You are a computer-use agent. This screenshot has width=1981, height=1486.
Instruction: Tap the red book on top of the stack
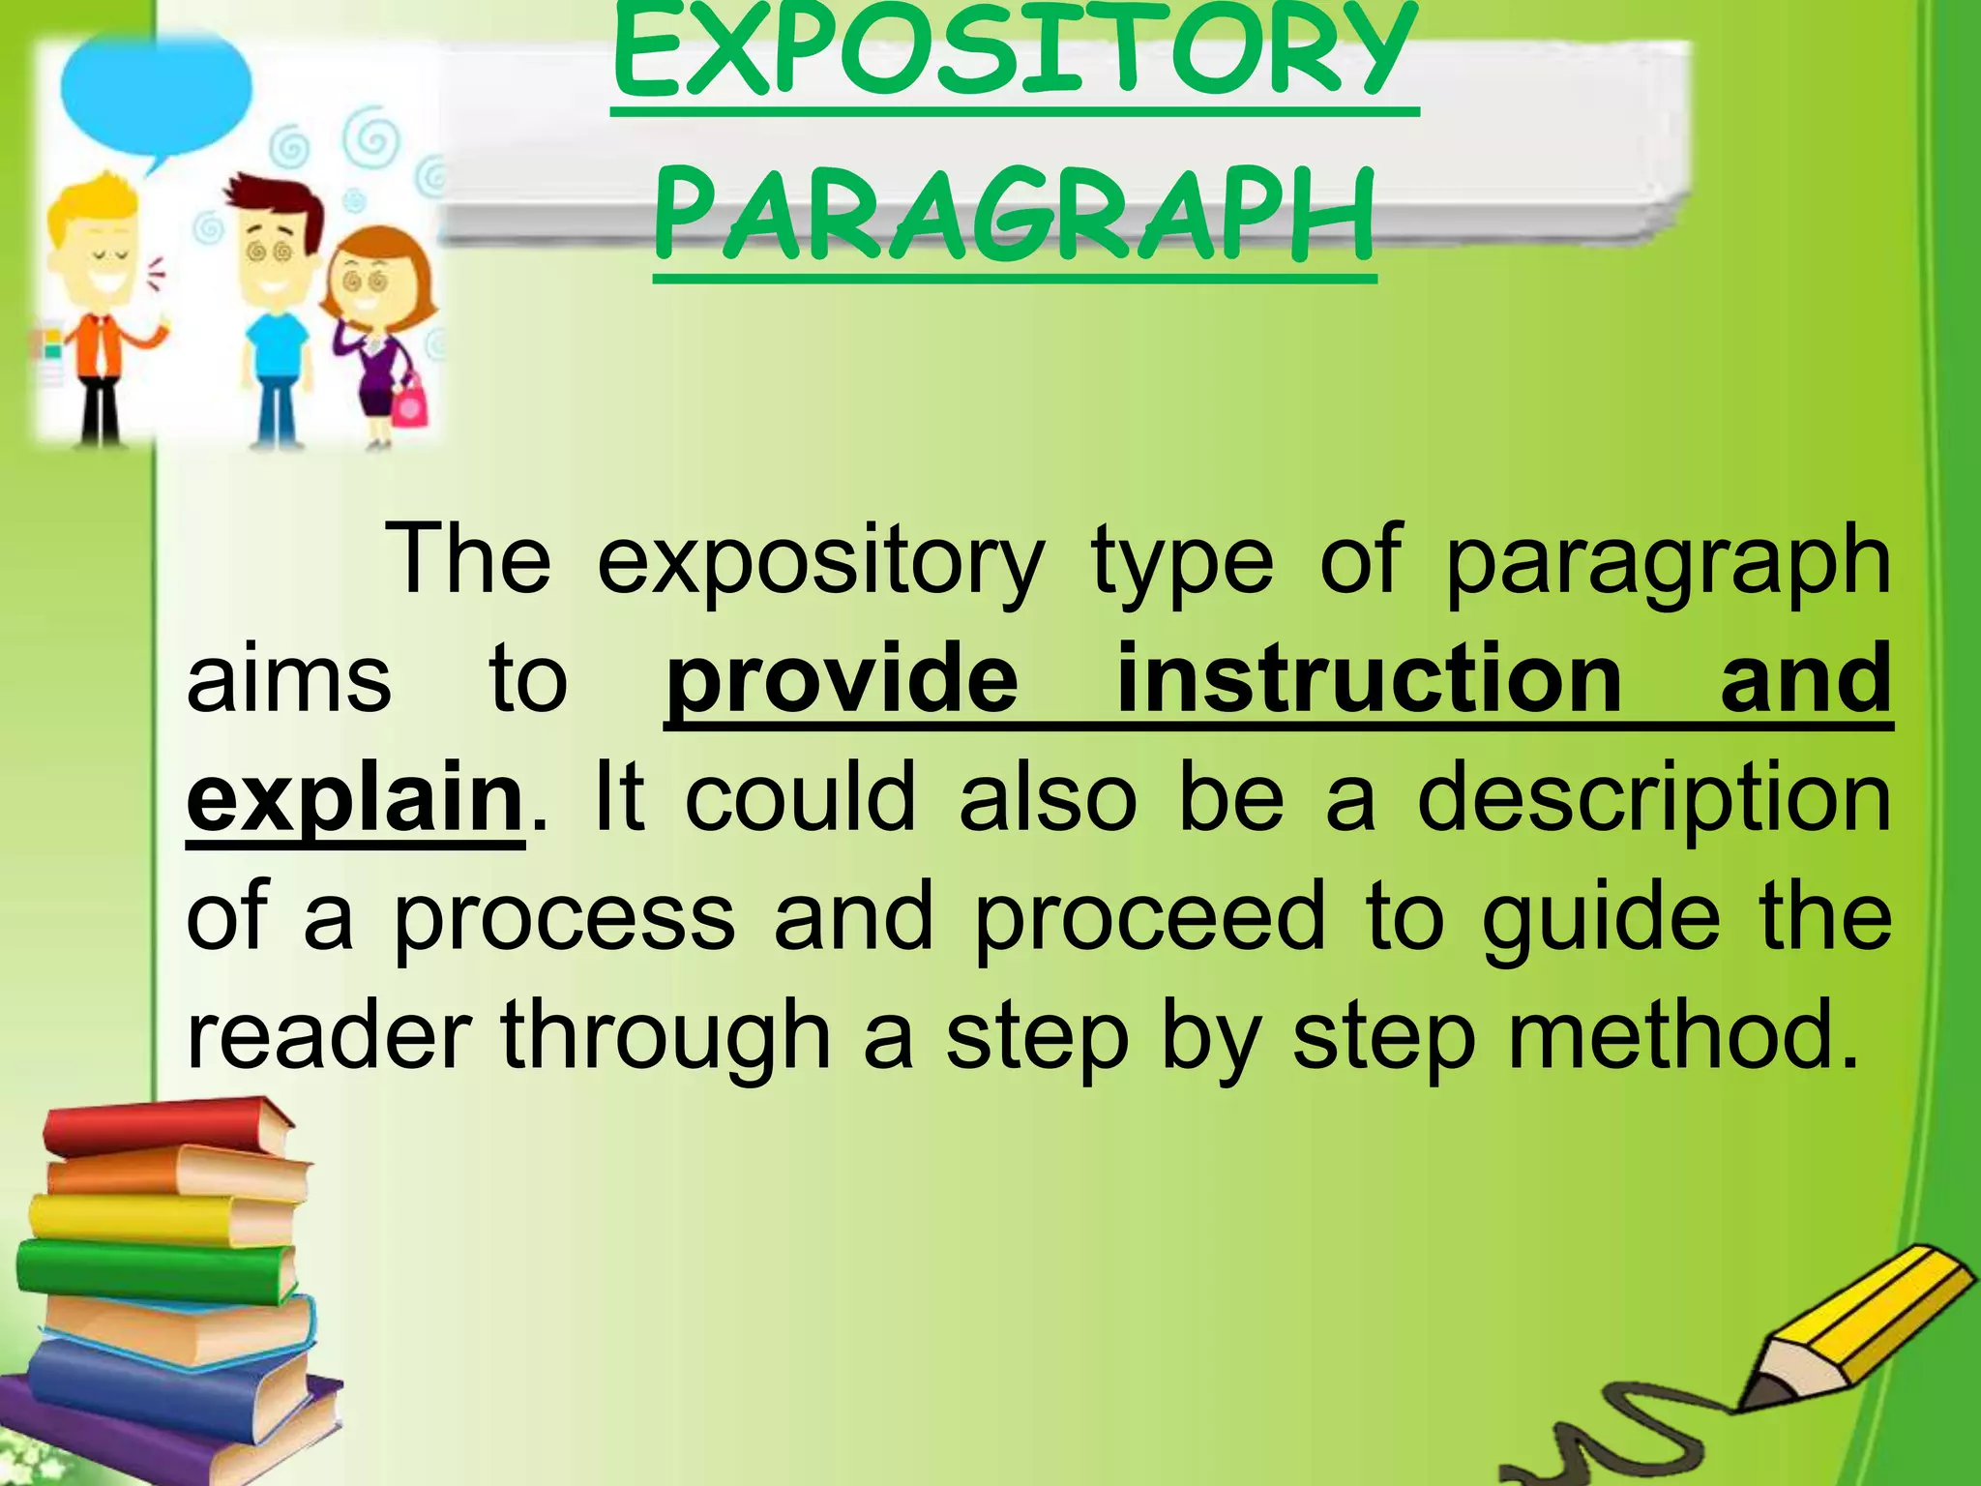pos(164,1128)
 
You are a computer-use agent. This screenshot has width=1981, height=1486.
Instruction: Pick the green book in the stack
pos(155,1267)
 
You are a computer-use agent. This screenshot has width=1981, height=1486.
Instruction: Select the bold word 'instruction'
pos(1369,679)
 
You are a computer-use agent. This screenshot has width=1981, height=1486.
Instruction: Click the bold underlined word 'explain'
pos(354,799)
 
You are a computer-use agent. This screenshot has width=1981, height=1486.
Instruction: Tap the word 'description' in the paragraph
pos(1653,799)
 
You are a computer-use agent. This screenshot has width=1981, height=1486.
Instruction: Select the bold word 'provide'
pos(842,679)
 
